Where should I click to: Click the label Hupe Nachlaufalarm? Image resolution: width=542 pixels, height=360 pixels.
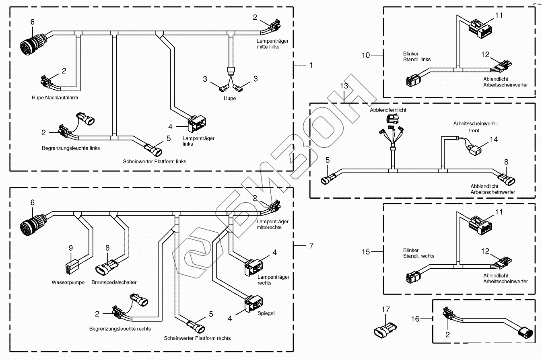coord(55,97)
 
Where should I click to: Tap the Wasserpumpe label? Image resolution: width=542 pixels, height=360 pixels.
coord(68,282)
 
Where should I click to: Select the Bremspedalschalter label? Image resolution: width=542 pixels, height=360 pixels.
coord(114,282)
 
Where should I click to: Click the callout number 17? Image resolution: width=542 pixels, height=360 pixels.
coord(386,310)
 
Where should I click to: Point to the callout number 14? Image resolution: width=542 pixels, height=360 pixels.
coord(494,140)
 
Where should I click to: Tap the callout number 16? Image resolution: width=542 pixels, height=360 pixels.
coord(415,319)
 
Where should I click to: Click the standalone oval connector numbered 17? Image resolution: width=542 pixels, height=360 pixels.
coord(385,329)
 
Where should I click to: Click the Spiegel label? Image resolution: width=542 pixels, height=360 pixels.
coord(266,313)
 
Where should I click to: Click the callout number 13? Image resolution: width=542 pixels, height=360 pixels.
coord(344,86)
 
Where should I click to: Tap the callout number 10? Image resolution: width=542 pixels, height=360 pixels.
coord(366,55)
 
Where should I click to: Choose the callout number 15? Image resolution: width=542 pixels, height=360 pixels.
coord(366,252)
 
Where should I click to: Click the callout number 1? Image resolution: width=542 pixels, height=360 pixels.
coord(310,65)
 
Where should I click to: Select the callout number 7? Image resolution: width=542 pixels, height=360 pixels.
coord(310,245)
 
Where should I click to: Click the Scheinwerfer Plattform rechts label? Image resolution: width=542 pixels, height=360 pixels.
coord(197,338)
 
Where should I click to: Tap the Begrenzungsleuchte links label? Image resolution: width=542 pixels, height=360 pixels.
coord(71,148)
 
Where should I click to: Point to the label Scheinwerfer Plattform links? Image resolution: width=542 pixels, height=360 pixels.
coord(155,162)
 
